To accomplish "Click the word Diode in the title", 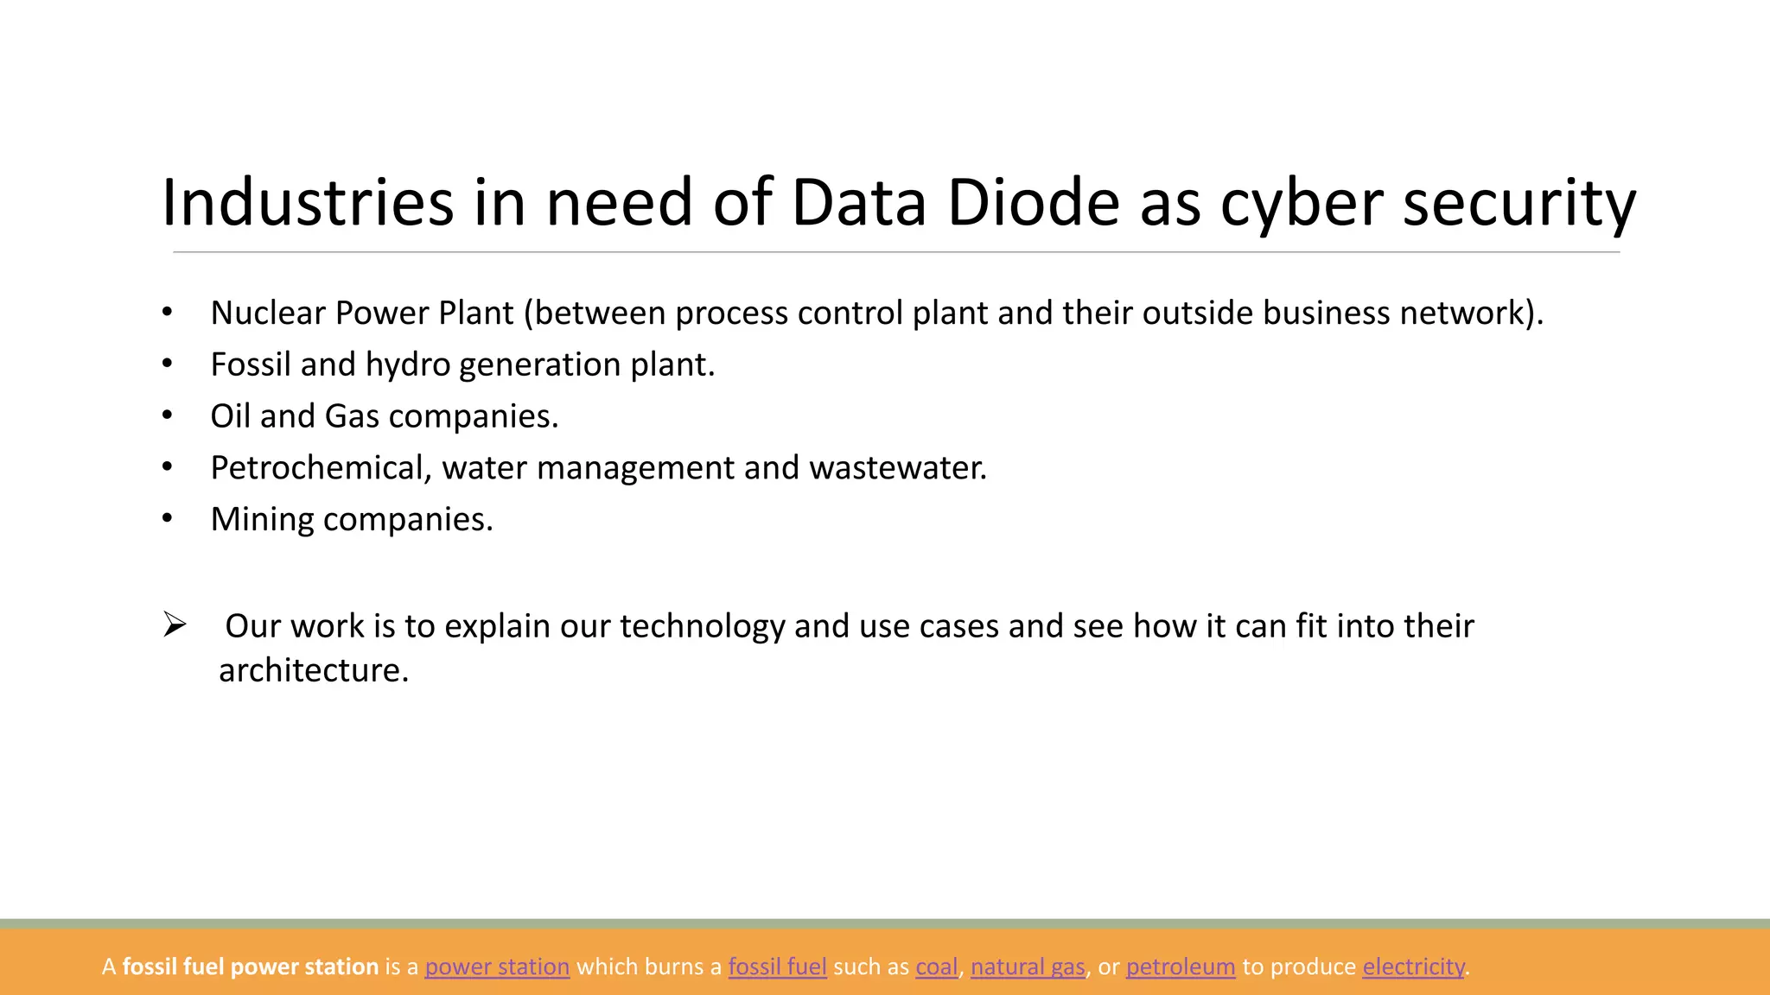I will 1033,203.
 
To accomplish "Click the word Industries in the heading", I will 307,203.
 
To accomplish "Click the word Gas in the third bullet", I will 352,416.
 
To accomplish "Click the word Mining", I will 262,520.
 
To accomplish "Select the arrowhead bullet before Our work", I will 175,624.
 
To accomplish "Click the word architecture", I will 313,670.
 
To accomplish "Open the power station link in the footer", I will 497,966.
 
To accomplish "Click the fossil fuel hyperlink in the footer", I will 777,966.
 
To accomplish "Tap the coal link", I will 937,966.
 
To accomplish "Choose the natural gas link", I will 1027,966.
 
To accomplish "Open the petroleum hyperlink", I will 1181,966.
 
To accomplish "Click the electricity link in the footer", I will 1413,966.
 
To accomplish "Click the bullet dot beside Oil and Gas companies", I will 168,416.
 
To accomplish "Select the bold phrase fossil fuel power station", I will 251,966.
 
